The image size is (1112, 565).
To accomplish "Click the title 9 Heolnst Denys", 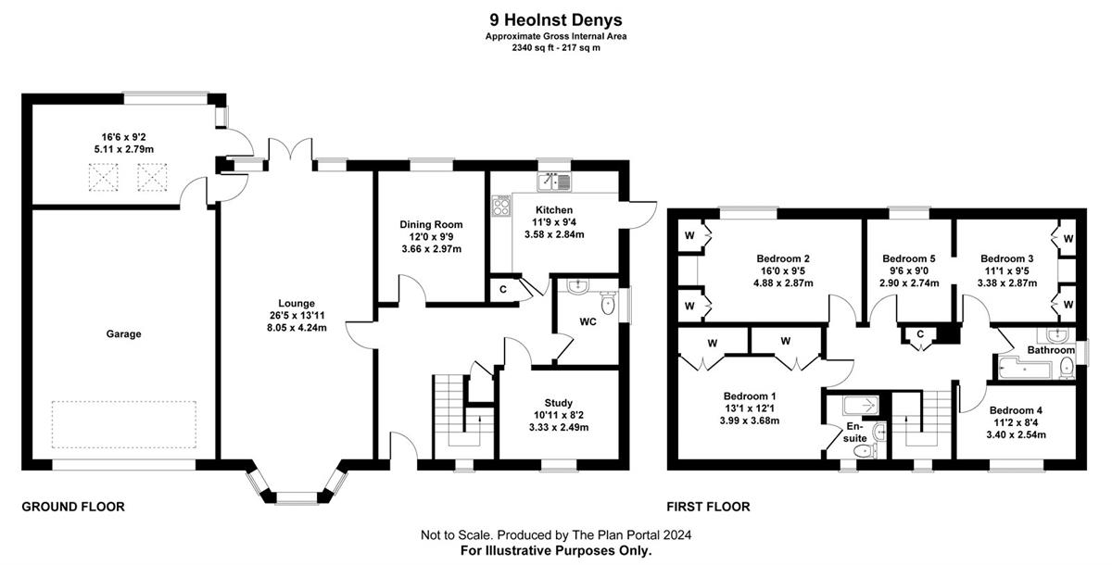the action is tap(555, 19).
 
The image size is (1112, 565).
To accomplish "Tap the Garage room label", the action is tap(123, 333).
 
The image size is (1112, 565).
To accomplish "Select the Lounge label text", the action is tap(297, 303).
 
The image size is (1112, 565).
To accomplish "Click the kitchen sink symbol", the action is tap(554, 182).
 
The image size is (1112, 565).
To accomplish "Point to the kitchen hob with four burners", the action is tap(501, 206).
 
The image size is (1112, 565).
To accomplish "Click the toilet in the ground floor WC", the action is tap(608, 303).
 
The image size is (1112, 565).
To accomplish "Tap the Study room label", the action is tap(559, 403).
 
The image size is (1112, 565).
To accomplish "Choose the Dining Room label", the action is tap(431, 224).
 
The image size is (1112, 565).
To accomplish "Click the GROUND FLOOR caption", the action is tap(73, 507).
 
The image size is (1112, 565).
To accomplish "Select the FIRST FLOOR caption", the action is tap(708, 507).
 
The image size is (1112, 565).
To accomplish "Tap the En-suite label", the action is tap(854, 432).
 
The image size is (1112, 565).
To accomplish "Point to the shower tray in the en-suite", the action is tap(861, 406).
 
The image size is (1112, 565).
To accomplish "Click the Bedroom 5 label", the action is tap(908, 258).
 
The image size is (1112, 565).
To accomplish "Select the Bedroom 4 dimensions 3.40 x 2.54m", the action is tap(1016, 435).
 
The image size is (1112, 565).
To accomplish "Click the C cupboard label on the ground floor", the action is tap(503, 289).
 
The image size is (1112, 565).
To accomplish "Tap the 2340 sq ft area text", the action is tap(533, 48).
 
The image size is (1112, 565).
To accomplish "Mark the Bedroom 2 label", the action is tap(783, 258).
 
